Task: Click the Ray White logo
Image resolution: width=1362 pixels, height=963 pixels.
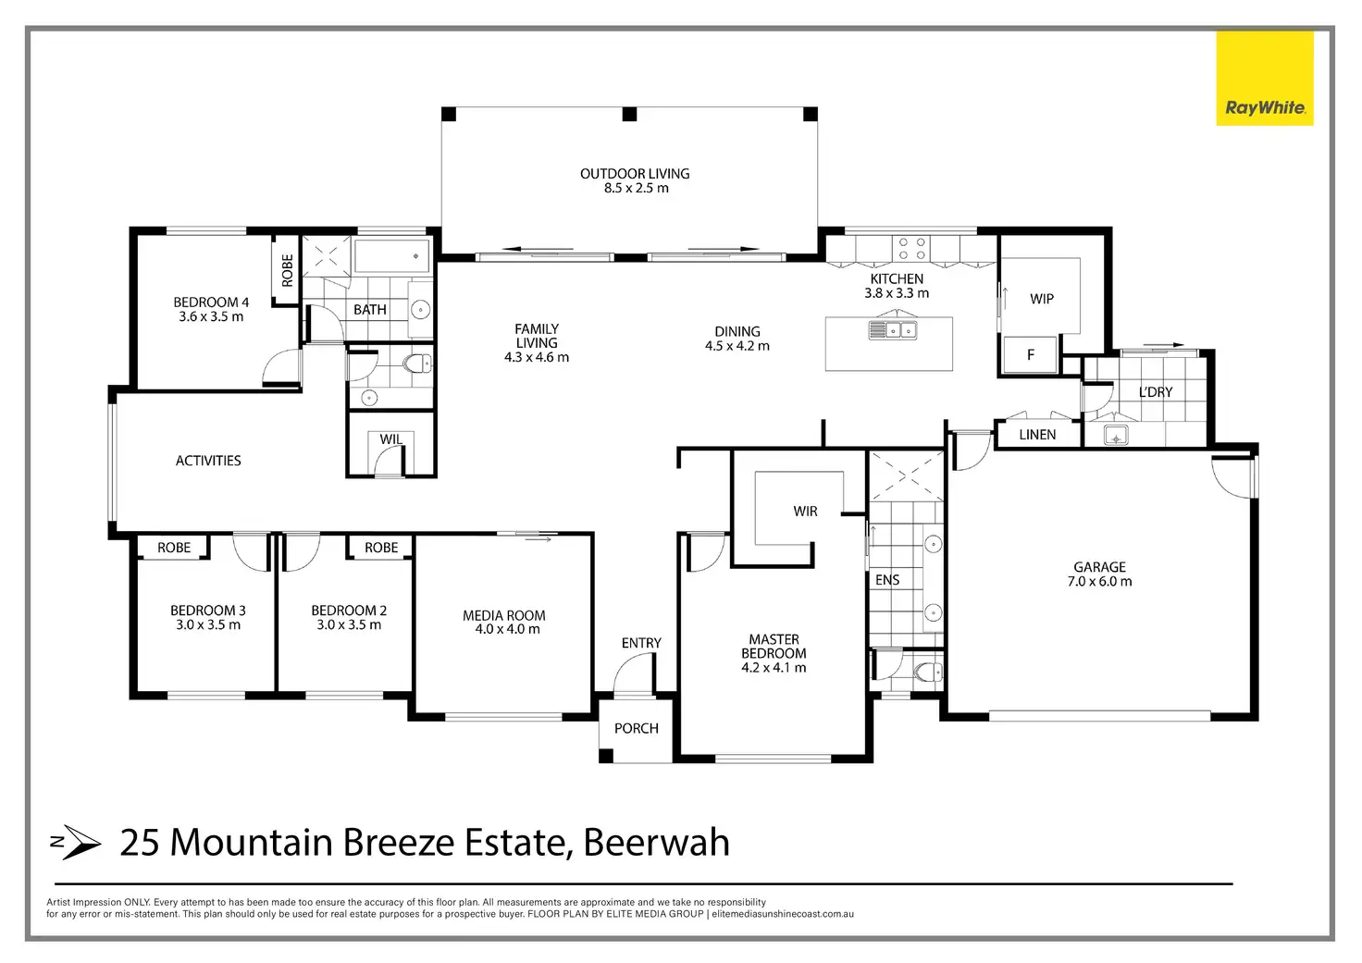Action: [1264, 79]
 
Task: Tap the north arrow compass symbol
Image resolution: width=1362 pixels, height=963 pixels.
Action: [76, 842]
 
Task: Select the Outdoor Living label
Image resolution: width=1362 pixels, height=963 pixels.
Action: [635, 174]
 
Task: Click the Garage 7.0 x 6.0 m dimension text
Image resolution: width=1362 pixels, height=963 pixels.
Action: [1099, 582]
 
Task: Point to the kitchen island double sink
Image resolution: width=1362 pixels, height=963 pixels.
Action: [892, 329]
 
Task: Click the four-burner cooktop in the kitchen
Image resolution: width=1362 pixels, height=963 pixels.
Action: [912, 248]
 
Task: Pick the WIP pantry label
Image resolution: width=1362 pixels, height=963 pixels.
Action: [1042, 299]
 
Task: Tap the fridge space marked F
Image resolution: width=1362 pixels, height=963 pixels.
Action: [1031, 355]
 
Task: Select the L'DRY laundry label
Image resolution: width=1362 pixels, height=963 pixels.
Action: [1156, 392]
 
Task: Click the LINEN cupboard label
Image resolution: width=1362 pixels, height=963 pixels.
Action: [1037, 435]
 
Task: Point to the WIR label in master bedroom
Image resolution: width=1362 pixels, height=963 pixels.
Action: [805, 512]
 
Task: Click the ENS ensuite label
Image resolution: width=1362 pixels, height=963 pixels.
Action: [887, 580]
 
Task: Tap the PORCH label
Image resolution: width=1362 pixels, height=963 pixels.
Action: [637, 729]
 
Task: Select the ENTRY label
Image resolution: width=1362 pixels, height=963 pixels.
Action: [641, 643]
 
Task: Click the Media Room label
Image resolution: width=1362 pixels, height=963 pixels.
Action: [504, 615]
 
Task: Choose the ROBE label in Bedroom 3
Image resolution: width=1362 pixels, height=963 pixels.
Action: [174, 548]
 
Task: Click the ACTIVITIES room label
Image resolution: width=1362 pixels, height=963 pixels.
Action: [208, 461]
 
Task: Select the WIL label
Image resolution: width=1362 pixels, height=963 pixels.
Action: [390, 439]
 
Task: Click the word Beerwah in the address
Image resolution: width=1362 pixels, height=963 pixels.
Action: [657, 843]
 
